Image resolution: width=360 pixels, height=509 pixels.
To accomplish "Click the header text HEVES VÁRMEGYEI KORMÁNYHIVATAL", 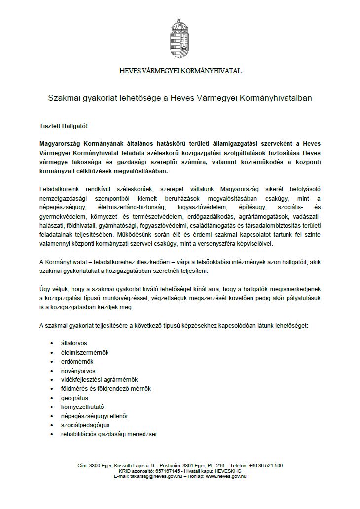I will pyautogui.click(x=180, y=71).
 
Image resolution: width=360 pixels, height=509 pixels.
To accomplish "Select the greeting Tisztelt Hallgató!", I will pyautogui.click(x=63, y=126).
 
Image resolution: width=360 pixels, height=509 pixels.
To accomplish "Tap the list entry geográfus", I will pyautogui.click(x=75, y=398).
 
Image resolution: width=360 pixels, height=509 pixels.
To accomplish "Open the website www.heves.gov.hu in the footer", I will pyautogui.click(x=226, y=477).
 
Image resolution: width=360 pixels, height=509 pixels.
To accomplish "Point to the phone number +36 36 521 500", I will pyautogui.click(x=265, y=465).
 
